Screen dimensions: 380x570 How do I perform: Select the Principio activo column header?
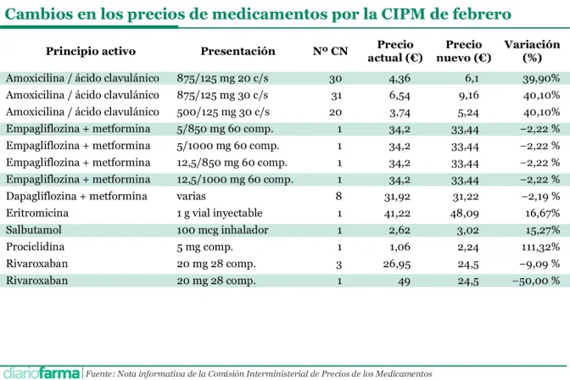coord(84,51)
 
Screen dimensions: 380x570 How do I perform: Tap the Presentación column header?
coord(237,51)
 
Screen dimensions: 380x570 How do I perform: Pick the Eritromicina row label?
coord(37,213)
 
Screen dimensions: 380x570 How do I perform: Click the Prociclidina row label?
coord(36,247)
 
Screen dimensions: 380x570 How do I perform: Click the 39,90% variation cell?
coord(540,78)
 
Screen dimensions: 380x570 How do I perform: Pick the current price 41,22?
coord(399,213)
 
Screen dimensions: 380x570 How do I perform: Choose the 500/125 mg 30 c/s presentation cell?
coord(223,112)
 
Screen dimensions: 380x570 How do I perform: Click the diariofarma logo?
coord(42,372)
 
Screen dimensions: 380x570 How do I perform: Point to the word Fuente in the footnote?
coord(101,373)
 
